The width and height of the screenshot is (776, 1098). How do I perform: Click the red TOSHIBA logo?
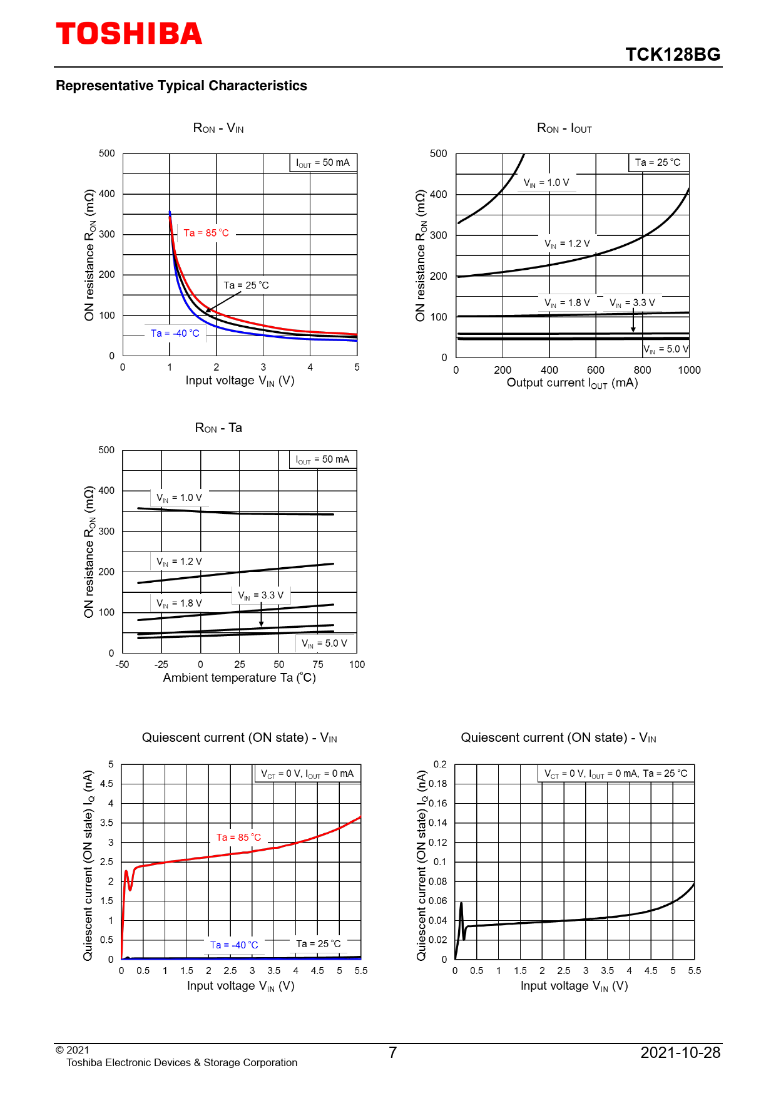tap(129, 34)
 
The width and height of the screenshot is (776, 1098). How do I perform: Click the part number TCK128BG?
tap(673, 55)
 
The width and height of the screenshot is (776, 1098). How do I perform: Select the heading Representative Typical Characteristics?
tap(181, 86)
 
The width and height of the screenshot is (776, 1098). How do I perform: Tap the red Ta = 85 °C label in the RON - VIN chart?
tap(206, 233)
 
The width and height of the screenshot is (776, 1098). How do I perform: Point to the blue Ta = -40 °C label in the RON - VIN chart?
tap(175, 334)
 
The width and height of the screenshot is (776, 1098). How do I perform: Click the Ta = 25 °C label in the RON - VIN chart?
tap(246, 285)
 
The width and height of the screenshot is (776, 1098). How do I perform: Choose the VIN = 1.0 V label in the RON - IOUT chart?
tap(546, 183)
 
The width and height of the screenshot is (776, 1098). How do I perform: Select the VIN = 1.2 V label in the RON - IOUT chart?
tap(567, 244)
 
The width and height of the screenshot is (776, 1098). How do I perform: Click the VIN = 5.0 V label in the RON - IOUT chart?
tap(666, 349)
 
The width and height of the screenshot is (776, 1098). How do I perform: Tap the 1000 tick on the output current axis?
tap(689, 370)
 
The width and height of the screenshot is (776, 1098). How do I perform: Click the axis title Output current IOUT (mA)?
tap(572, 383)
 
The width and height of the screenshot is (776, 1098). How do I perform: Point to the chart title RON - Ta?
tap(218, 428)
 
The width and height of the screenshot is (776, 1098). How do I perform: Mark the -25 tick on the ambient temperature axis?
tap(161, 665)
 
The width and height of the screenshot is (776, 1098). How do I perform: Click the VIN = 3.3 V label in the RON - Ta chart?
tap(260, 595)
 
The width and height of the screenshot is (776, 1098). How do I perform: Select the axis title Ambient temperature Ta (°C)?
tap(239, 678)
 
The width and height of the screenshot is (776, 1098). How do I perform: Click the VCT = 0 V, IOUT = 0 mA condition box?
tap(307, 774)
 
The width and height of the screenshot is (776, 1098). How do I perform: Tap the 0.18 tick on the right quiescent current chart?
tap(438, 784)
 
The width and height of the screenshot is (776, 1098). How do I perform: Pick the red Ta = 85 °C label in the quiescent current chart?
tap(238, 838)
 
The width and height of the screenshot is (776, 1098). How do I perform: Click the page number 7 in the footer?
tap(392, 1053)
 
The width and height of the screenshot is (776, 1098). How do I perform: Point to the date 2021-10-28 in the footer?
tap(680, 1053)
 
